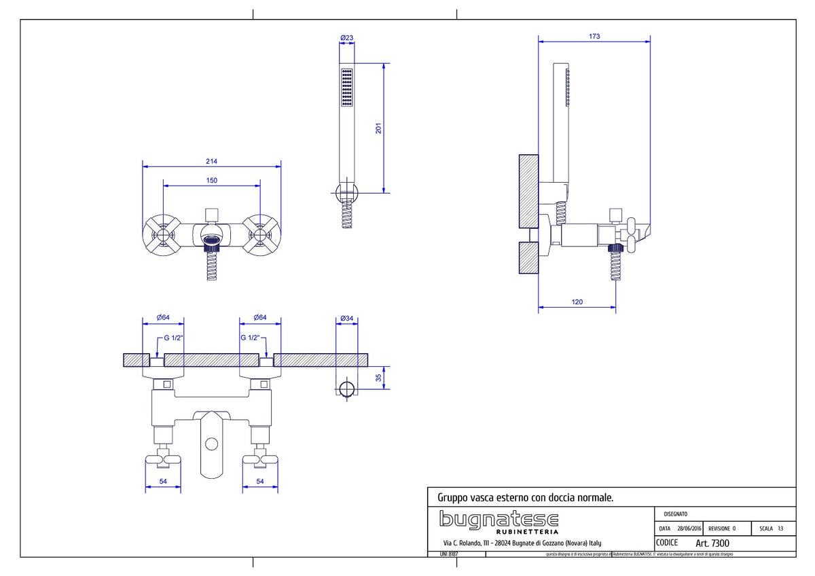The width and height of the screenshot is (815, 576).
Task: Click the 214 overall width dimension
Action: coord(211,161)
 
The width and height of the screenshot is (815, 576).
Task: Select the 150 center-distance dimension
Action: coord(211,180)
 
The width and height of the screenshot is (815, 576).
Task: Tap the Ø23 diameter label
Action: coord(346,38)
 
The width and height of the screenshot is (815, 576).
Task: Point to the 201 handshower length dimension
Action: coord(379,128)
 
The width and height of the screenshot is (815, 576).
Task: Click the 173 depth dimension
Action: coord(594,37)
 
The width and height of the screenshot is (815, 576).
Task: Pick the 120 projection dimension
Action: coord(577,302)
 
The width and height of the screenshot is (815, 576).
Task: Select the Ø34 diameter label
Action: coord(346,318)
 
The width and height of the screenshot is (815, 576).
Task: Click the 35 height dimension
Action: coord(379,378)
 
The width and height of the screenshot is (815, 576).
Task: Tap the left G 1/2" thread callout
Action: coord(173,338)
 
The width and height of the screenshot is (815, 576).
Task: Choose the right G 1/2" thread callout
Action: coord(251,338)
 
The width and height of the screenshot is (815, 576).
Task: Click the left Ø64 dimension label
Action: coord(162,318)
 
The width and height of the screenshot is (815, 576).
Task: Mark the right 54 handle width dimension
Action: coord(261,481)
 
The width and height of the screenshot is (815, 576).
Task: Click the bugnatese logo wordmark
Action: coord(499,519)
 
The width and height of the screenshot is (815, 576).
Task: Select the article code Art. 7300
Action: coord(712,543)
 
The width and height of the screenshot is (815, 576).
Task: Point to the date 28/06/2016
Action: coord(689,528)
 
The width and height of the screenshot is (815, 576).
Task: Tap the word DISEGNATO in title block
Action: coord(675,514)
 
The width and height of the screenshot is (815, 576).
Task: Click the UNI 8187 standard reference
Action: coord(448,554)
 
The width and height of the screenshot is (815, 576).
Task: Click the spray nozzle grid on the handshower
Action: coord(347,86)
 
